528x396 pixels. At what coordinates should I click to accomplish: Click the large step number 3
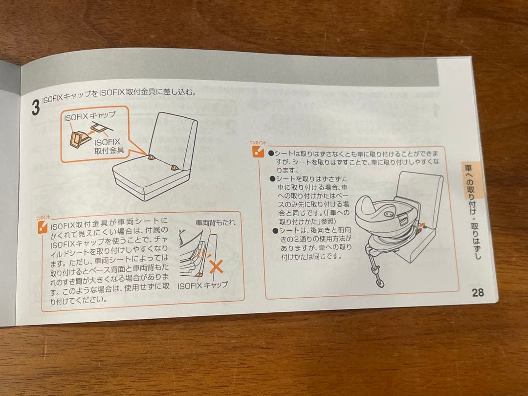click(x=35, y=107)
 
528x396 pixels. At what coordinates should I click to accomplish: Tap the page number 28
click(x=478, y=292)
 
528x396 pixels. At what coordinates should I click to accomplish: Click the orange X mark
click(x=216, y=267)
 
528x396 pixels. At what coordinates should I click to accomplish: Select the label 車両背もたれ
click(x=215, y=222)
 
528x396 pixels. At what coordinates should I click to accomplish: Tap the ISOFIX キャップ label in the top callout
click(x=89, y=116)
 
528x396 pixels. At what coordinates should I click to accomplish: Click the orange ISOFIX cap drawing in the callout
click(x=78, y=139)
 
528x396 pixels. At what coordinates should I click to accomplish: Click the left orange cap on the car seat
click(x=152, y=157)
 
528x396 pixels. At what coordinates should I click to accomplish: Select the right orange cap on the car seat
click(x=174, y=167)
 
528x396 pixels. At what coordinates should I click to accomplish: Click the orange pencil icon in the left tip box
click(x=43, y=227)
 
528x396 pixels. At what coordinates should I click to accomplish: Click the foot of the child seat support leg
click(x=380, y=283)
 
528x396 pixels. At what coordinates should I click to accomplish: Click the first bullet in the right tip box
click(x=271, y=154)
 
